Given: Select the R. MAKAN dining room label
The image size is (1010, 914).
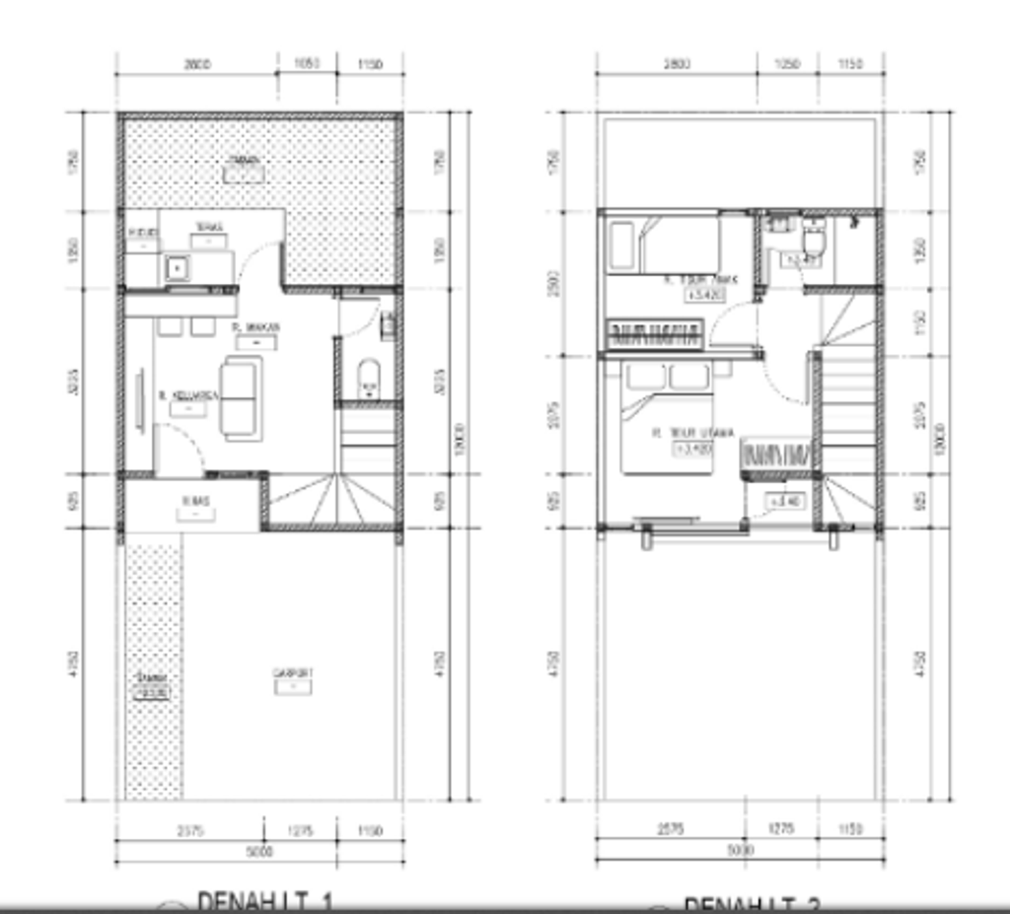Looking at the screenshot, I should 256,326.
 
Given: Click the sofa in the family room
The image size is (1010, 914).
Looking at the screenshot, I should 241,398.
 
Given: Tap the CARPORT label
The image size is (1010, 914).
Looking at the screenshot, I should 293,673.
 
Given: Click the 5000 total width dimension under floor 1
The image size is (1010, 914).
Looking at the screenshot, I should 259,851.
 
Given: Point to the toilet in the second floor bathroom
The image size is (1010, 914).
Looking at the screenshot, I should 815,240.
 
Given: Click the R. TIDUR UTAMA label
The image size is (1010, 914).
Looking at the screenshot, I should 694,433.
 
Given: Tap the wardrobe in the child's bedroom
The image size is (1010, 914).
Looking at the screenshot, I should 656,334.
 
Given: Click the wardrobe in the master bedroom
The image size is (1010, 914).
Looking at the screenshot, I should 778,456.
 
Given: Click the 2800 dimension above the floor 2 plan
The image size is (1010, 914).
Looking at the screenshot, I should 677,64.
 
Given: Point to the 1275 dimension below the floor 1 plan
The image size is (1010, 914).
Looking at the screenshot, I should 300,831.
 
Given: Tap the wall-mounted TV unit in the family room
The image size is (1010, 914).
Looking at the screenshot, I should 139,398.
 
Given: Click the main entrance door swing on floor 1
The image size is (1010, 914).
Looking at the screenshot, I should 180,449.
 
